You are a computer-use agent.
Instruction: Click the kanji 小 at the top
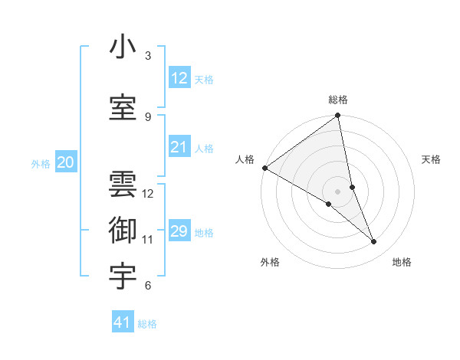click(123, 47)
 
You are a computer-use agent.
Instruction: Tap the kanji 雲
click(123, 184)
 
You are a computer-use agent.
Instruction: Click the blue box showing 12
click(179, 78)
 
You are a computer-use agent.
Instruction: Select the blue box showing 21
click(179, 147)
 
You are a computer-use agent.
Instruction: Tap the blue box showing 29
click(179, 231)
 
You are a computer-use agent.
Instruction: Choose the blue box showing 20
click(66, 162)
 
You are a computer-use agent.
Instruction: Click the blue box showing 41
click(123, 322)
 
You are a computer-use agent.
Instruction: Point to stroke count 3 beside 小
click(148, 56)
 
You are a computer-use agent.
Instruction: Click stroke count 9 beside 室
click(148, 116)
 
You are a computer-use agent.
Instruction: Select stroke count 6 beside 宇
click(148, 286)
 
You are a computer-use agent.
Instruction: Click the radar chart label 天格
click(432, 159)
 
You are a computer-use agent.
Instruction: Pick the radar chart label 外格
click(270, 262)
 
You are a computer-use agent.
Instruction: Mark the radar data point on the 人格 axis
click(264, 168)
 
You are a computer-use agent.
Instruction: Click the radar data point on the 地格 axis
click(374, 242)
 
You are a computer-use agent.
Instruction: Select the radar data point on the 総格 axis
click(338, 116)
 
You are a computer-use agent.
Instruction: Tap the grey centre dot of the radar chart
click(338, 191)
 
